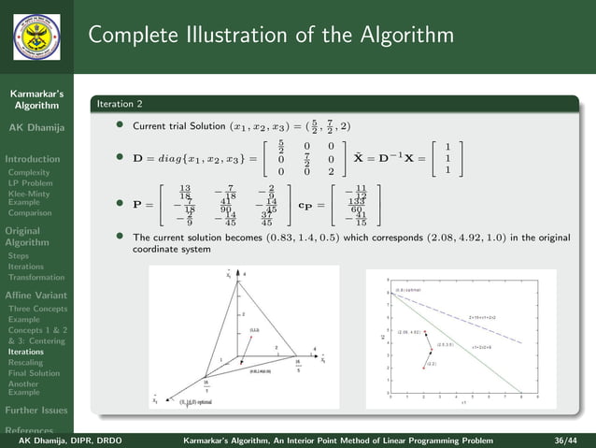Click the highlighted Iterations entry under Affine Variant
26,352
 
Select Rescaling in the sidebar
27,363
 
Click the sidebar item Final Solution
34,373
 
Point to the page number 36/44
566,438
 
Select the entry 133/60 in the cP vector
355,202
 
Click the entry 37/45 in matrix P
266,218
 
